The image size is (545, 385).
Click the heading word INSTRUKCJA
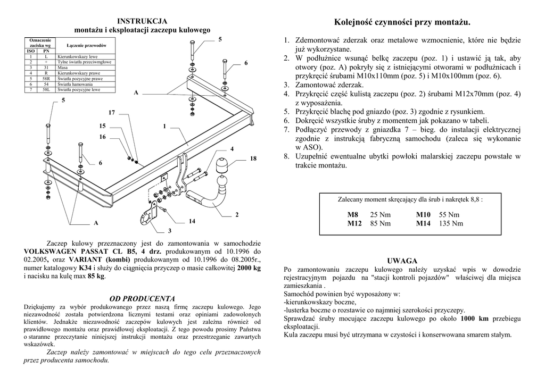pyautogui.click(x=142, y=21)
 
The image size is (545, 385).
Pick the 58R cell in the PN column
pyautogui.click(x=46, y=79)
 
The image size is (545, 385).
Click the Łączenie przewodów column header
pyautogui.click(x=87, y=46)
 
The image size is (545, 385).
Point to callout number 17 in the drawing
pyautogui.click(x=112, y=113)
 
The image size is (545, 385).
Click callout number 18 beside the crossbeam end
pyautogui.click(x=253, y=158)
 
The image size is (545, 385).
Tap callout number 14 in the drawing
pyautogui.click(x=192, y=221)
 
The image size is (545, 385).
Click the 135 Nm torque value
pyautogui.click(x=451, y=223)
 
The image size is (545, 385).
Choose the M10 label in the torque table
pyautogui.click(x=423, y=215)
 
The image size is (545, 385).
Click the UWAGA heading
pyautogui.click(x=402, y=261)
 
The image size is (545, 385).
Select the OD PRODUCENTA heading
pyautogui.click(x=142, y=299)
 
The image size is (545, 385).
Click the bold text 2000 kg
pyautogui.click(x=249, y=269)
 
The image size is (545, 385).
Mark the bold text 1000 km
pyautogui.click(x=474, y=319)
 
